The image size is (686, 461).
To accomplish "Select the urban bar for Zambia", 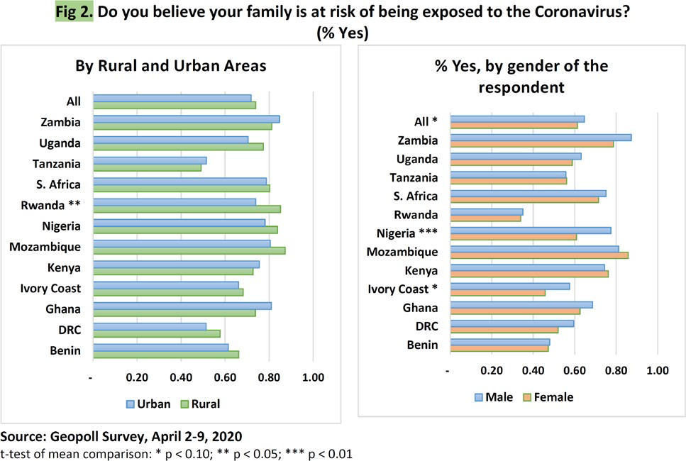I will click(186, 118).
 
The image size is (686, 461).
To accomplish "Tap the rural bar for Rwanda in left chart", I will click(187, 209).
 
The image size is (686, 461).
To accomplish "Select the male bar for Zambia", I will click(540, 138).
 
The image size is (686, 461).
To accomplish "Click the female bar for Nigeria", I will click(513, 237).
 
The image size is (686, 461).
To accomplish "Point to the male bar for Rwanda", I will click(486, 211).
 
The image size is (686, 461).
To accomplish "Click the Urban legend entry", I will click(148, 404).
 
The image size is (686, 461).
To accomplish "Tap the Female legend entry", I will click(549, 397).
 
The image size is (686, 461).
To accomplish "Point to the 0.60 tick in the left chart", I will click(225, 377).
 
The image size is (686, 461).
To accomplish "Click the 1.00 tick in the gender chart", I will click(658, 370).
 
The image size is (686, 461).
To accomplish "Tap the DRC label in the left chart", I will click(68, 329).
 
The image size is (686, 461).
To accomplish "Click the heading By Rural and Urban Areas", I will click(171, 66).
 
